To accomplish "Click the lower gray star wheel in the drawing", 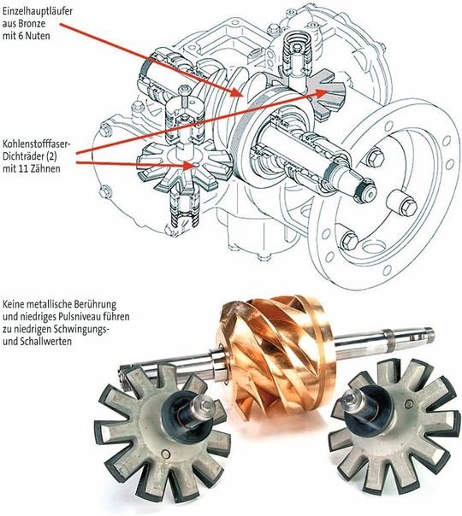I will tap(181, 162).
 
